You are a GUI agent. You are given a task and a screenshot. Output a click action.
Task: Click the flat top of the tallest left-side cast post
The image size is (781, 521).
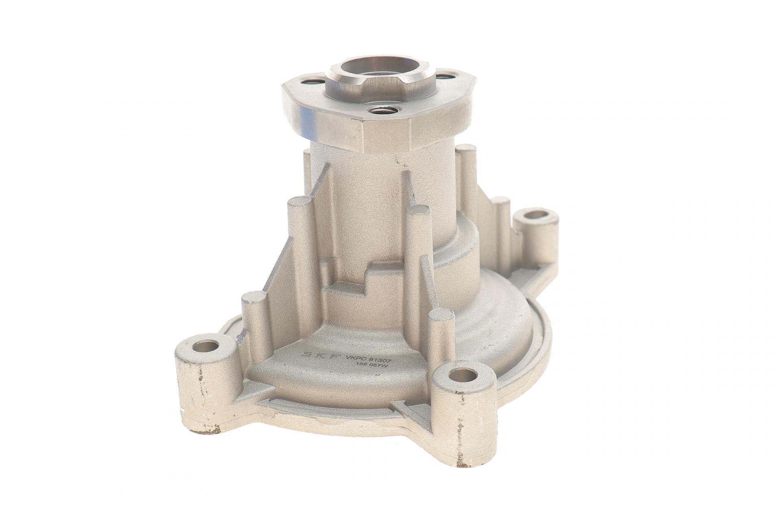pyautogui.click(x=299, y=202)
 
